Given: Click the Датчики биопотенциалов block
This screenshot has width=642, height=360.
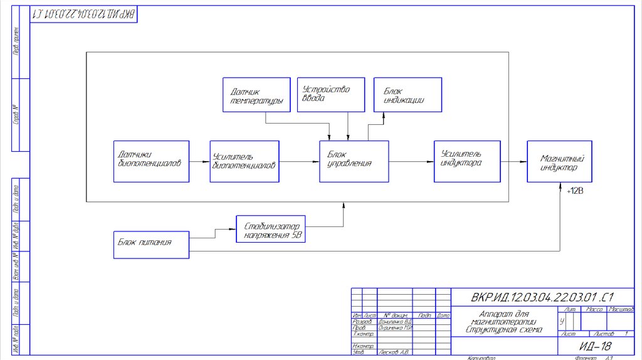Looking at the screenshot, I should coord(151,161).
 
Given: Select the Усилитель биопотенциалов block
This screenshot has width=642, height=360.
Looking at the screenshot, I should coord(245,161).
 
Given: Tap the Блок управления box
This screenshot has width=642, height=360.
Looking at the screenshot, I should coord(354,161).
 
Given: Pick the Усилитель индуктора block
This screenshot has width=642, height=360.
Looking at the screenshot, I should coord(468,161).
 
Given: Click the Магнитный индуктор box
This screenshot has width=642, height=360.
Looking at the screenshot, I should coord(559,161).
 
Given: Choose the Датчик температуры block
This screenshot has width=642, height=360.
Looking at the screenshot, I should coord(256,95).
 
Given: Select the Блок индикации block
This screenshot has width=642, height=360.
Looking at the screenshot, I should coord(408,95).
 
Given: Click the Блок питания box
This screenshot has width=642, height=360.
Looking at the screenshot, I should coord(151,245).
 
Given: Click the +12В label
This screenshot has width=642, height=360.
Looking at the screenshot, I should coord(575,190).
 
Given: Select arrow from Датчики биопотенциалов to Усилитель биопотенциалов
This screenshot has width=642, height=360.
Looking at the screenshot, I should coord(199,161).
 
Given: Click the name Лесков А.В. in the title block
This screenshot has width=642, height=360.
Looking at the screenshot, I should coord(394,352).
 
